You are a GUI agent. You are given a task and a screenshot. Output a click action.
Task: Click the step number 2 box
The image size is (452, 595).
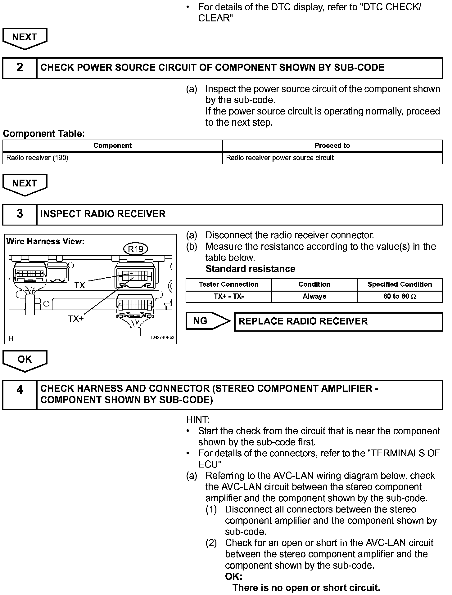pos(20,68)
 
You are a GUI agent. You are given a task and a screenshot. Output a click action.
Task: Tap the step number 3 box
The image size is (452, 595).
pos(20,214)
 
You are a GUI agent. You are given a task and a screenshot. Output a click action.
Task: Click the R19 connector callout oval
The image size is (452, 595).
pos(136,249)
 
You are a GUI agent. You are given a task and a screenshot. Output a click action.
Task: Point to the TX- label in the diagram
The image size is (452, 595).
pos(81,285)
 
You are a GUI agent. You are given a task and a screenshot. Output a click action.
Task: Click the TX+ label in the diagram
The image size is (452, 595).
pos(76,319)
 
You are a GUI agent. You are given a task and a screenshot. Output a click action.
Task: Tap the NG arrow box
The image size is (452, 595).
pos(208,321)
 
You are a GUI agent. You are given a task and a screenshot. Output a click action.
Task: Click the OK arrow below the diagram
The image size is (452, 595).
pos(25,360)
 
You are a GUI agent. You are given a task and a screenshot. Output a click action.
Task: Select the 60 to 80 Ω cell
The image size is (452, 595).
pos(400,296)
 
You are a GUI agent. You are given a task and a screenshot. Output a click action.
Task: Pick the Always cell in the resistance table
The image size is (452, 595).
pos(314,296)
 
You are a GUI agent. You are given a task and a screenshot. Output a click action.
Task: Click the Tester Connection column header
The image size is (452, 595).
pos(228,284)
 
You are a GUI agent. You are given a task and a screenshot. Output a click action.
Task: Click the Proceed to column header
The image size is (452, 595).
pos(332,145)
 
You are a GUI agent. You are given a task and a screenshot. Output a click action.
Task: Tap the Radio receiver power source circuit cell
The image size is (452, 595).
pos(280,158)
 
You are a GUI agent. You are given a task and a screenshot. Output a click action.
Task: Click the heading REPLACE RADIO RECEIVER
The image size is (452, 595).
pos(303,321)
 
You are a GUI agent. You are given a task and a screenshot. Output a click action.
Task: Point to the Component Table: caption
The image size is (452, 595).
pos(44,134)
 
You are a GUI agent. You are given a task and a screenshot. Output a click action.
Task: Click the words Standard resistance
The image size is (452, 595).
pos(250,269)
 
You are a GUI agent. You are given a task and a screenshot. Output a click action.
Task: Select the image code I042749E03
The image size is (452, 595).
pos(163,338)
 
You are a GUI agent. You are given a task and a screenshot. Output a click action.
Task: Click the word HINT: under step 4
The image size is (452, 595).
pos(198,420)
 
